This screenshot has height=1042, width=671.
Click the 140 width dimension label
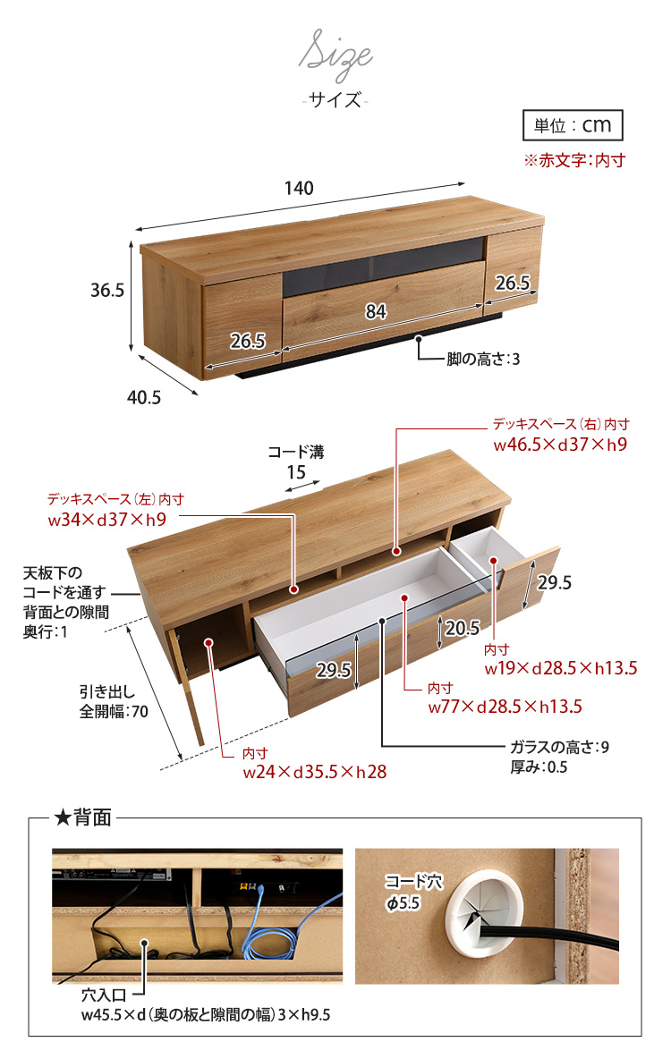(299, 189)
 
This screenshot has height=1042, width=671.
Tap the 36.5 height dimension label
(106, 291)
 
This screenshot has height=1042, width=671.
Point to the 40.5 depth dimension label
(144, 397)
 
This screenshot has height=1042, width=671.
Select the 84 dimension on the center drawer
(376, 311)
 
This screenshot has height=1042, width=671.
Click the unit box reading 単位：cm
(572, 125)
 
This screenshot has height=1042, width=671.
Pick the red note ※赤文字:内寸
(573, 161)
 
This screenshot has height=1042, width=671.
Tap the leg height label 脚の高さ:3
(483, 360)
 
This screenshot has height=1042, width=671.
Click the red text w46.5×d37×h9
(560, 445)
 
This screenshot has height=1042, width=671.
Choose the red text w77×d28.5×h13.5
(505, 707)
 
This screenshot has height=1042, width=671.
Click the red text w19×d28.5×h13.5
(561, 668)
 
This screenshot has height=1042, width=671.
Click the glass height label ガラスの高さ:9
(559, 747)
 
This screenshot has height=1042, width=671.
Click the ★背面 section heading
(82, 817)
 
